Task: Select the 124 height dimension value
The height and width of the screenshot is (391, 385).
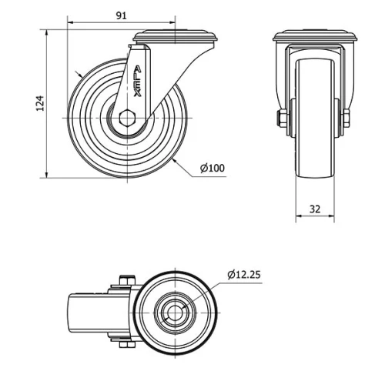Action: (40, 103)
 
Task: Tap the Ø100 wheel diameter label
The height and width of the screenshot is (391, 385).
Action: (213, 168)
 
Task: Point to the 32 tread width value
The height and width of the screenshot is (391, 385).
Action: (315, 209)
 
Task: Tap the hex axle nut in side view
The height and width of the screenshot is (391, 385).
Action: (128, 119)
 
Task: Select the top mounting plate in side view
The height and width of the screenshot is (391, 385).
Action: (176, 35)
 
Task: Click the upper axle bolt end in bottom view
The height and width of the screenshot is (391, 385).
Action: (126, 282)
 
